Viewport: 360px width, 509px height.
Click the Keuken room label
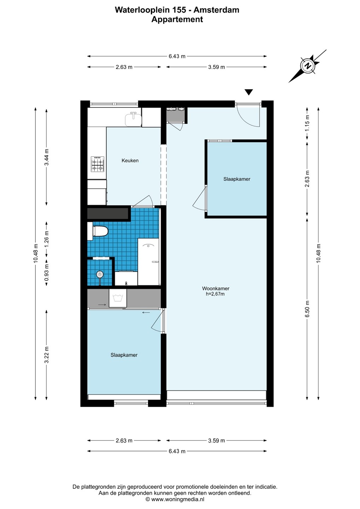pos(130,160)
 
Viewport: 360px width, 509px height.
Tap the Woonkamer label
pos(216,288)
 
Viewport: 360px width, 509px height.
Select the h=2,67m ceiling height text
pos(215,294)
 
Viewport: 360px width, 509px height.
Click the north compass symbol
pos(308,66)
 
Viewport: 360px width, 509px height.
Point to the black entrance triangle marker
pos(249,92)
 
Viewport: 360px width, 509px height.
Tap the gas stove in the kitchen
pos(98,164)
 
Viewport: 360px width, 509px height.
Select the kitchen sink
pos(133,119)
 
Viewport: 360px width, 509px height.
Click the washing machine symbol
pos(118,298)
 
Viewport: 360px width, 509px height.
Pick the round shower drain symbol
pos(99,275)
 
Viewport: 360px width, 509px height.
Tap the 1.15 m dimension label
pos(307,123)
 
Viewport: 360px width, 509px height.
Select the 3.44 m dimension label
pos(47,157)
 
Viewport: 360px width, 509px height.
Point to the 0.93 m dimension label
pos(47,272)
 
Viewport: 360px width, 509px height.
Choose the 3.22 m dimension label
pos(47,355)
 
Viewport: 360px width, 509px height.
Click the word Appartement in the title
pos(177,19)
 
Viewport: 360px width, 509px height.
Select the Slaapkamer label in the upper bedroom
pos(237,179)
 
